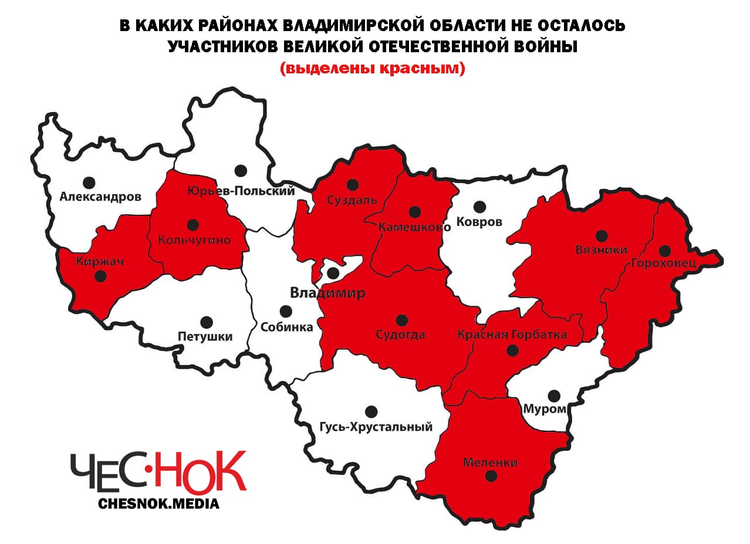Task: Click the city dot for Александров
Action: [x=89, y=183]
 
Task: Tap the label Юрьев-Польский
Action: [x=241, y=191]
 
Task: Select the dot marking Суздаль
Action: [x=352, y=185]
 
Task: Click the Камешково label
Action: [x=415, y=227]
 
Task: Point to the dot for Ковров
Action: [x=479, y=207]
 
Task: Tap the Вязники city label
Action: [x=600, y=250]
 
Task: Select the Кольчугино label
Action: [x=194, y=239]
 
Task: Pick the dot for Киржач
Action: [x=101, y=276]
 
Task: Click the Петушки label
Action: [x=205, y=336]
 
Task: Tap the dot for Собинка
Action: [x=285, y=311]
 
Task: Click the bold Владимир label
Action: [x=327, y=293]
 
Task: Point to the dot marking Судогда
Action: [x=401, y=320]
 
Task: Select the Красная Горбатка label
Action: [x=512, y=334]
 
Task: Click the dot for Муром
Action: [x=553, y=395]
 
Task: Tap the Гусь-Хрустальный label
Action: [x=376, y=427]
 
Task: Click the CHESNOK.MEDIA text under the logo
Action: [x=159, y=504]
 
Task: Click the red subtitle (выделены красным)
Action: [x=372, y=69]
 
